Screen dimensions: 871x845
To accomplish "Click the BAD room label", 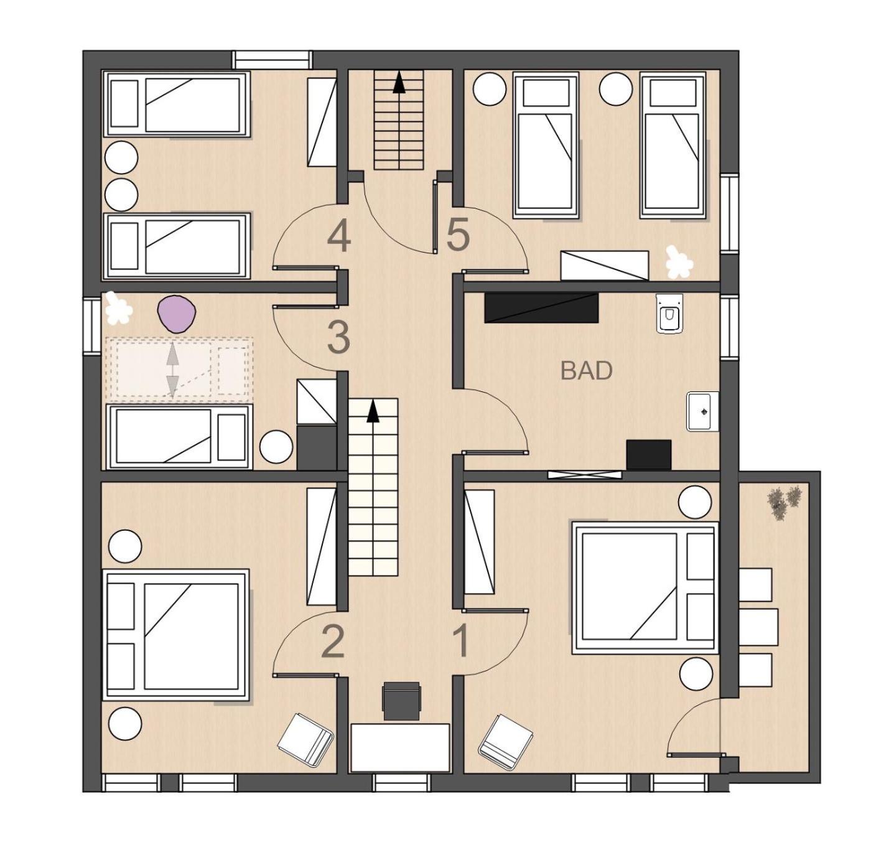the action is point(586,371).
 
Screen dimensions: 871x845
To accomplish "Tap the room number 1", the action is point(462,642).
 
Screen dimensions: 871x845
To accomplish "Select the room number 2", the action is point(333,643).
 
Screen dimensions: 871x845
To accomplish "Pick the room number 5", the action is point(458,233).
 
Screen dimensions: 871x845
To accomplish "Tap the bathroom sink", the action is point(702,411).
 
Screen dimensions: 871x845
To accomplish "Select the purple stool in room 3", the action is point(177,313).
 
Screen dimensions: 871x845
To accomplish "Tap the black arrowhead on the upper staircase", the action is point(399,84).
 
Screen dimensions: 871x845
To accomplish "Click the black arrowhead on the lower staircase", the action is point(373,411).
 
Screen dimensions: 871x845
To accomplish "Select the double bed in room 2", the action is point(176,634).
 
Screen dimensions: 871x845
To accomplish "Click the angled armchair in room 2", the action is point(305,740).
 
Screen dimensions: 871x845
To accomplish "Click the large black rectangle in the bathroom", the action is point(542,307).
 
